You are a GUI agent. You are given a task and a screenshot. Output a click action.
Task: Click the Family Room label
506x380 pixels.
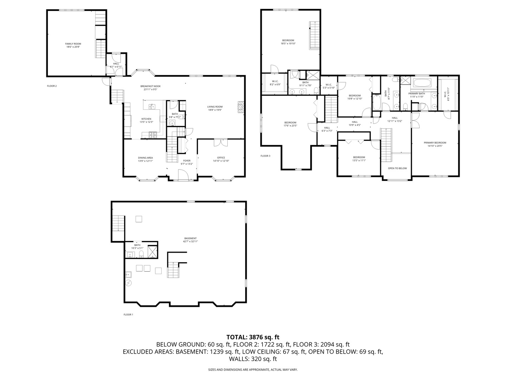pos(73,44)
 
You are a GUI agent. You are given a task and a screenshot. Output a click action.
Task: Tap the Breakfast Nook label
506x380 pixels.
pos(150,86)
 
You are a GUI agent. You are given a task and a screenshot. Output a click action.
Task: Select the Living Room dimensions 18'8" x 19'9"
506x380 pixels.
pos(215,110)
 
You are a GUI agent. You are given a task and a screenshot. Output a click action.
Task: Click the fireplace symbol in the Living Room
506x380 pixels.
pos(240,107)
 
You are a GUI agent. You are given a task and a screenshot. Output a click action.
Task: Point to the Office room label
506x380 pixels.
pos(221,158)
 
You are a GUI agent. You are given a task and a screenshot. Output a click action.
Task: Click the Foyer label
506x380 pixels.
pos(187,160)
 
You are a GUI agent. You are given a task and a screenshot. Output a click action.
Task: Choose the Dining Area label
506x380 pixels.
pos(145,158)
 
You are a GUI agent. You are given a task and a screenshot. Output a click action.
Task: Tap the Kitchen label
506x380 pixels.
pos(146,119)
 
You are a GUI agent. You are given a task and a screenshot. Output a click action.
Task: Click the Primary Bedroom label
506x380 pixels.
pos(435,142)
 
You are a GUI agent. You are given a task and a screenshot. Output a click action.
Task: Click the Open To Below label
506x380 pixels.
pos(397,168)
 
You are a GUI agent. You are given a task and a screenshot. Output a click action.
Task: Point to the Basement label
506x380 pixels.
pos(190,238)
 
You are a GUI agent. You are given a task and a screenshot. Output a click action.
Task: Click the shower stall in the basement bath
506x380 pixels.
pos(153,252)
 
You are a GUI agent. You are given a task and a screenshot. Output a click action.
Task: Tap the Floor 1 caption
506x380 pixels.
pos(128,315)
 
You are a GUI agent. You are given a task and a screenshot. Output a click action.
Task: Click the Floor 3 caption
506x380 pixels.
pos(265,156)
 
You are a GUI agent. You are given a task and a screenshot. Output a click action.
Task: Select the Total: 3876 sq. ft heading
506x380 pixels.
pos(253,337)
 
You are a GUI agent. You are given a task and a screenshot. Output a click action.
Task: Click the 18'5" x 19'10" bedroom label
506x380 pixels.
pos(288,40)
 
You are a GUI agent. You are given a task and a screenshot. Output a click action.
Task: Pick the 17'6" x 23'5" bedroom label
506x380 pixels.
pos(290,122)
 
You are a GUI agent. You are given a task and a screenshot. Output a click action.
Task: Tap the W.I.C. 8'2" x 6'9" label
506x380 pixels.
pos(275,81)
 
